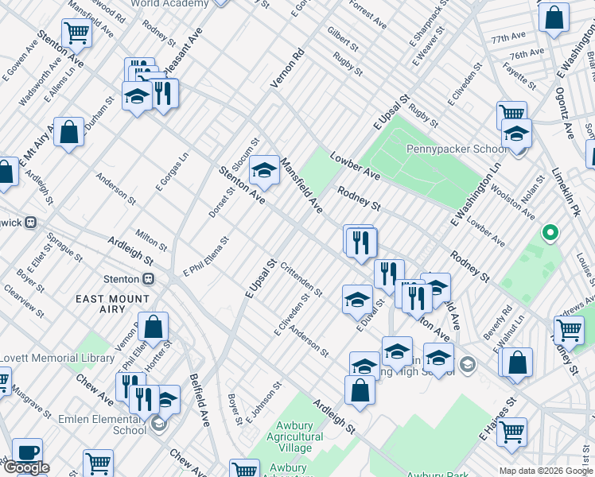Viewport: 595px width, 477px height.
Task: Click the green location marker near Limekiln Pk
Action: click(x=549, y=234)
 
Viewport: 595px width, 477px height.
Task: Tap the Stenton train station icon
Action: click(x=148, y=279)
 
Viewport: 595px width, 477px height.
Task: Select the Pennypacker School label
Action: click(x=456, y=149)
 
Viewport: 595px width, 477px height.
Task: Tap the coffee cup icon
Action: click(x=27, y=452)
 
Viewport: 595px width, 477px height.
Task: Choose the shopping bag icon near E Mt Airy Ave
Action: click(x=69, y=132)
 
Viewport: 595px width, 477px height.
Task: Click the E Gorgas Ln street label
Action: click(x=171, y=172)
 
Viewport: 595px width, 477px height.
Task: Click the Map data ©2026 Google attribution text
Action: click(x=546, y=471)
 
